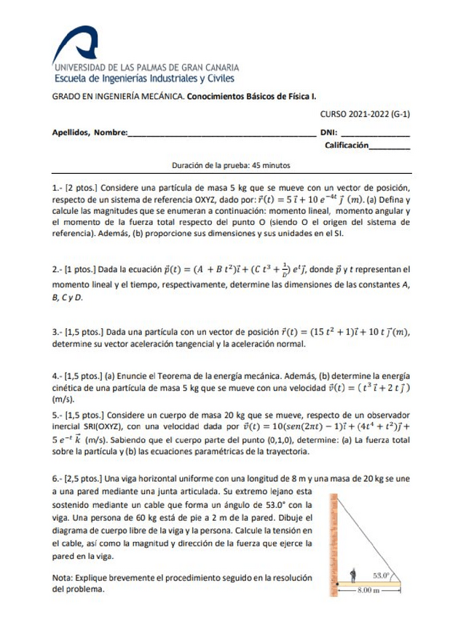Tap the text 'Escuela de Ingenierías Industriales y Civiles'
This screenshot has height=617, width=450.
(x=143, y=79)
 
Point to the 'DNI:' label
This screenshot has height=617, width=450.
(x=328, y=133)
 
